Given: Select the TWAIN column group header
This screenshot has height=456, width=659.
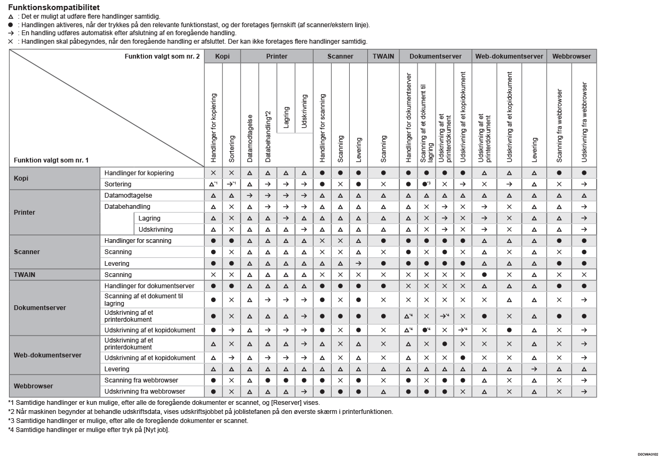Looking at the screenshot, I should pos(383,56).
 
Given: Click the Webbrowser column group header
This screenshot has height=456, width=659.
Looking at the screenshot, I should pos(572,56).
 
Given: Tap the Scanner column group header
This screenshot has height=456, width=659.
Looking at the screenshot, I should pos(340,56).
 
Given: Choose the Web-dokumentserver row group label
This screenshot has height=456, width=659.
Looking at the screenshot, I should pos(47,355).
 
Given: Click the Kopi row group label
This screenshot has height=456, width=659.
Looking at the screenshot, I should pos(21,178).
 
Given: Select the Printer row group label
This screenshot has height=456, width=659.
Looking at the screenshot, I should pos(25,213).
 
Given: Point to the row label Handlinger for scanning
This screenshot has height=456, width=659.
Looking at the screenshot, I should pos(138,241).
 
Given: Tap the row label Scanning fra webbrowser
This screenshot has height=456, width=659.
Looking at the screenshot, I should pos(141,380).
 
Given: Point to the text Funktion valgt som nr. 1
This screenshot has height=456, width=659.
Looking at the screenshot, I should pos(51,160).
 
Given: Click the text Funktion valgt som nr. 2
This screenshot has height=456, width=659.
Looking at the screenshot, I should pos(162,56).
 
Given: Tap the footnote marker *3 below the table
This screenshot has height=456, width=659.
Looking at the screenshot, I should pos(11,421).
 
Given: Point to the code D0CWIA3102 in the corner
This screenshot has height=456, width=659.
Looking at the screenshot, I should pos(647,454).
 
